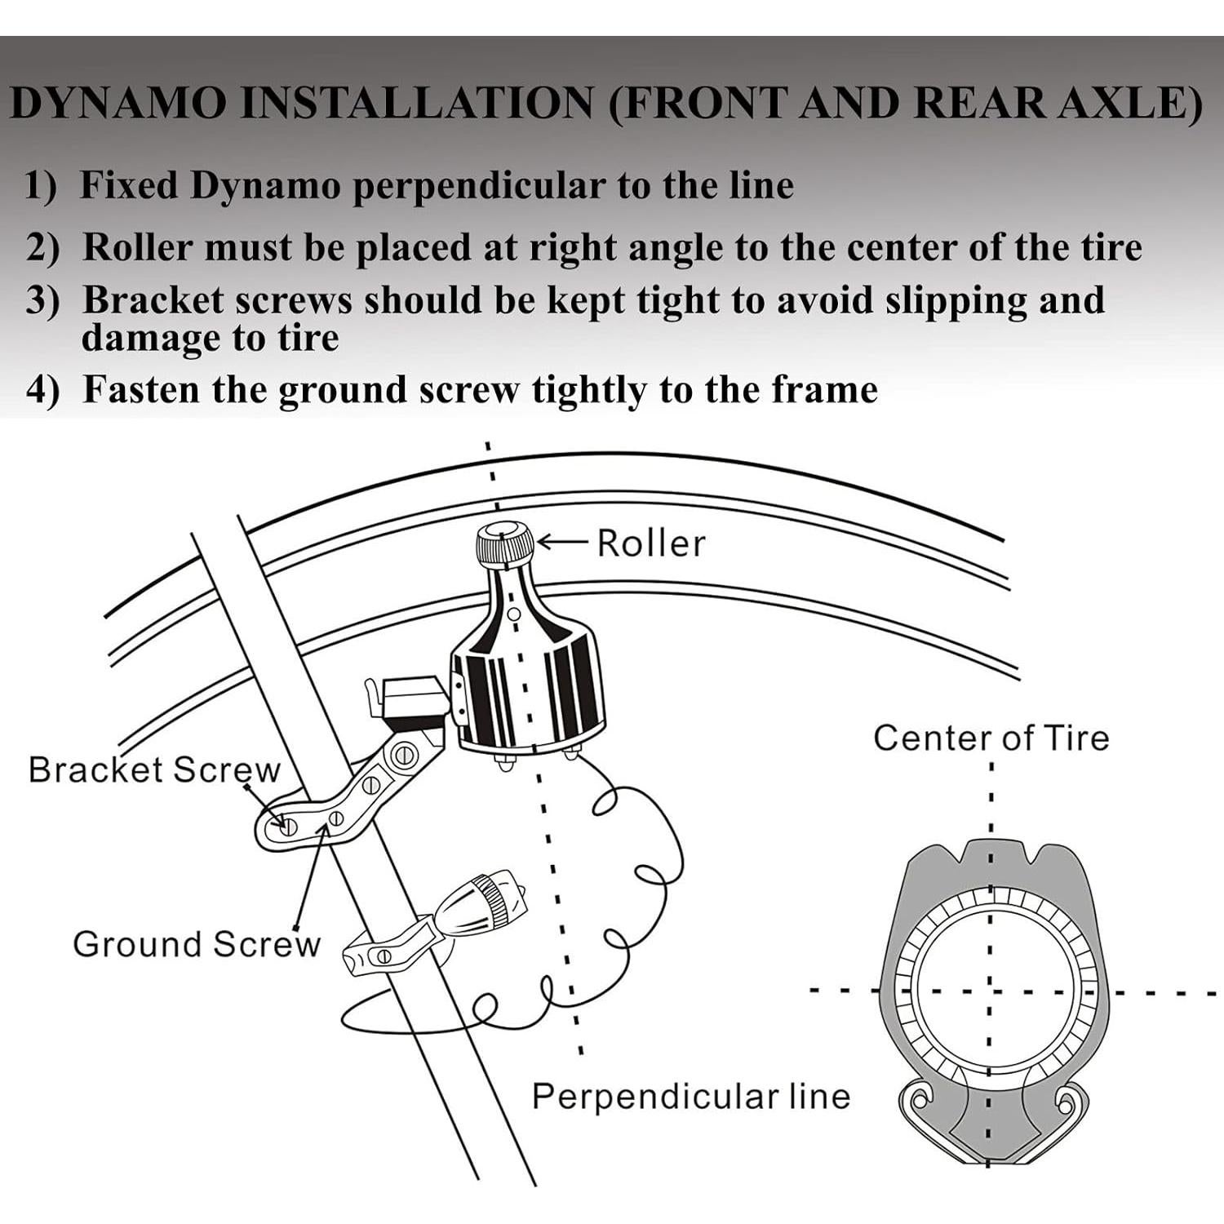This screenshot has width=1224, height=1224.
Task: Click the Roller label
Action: [650, 543]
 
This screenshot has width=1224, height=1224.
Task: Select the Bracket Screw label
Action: [153, 769]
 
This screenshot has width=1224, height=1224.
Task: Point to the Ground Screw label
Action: [197, 944]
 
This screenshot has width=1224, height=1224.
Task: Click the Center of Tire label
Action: [991, 738]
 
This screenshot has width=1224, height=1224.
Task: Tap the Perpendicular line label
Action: [690, 1096]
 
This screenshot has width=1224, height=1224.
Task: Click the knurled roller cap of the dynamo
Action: [505, 545]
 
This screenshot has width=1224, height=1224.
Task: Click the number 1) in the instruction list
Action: [41, 185]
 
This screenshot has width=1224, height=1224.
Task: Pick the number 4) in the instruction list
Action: [42, 390]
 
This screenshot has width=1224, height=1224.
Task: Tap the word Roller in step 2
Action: [138, 247]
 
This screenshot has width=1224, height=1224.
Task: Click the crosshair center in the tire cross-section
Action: [990, 992]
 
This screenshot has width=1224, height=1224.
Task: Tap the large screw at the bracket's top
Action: [402, 756]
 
